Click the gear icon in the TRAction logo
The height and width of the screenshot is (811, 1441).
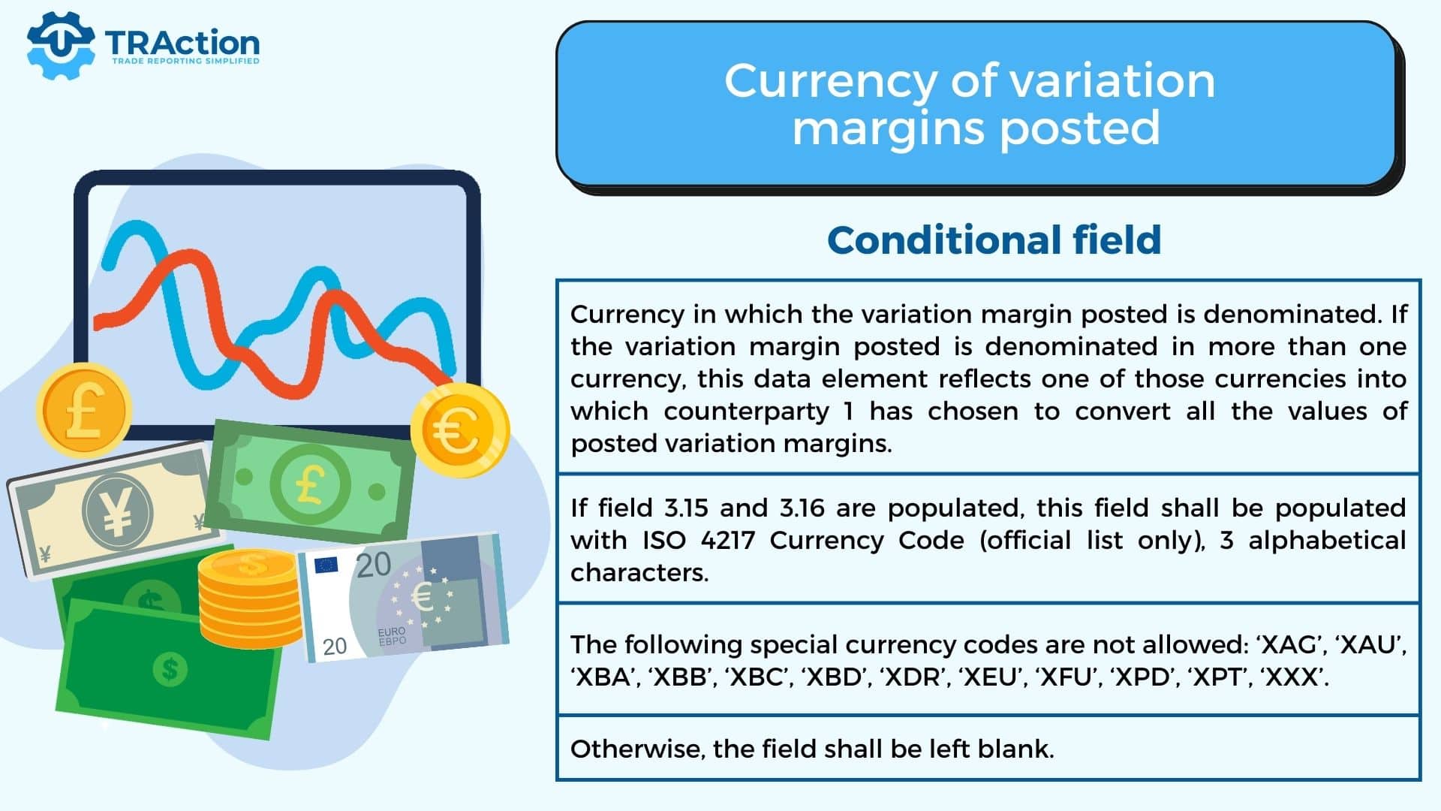(61, 45)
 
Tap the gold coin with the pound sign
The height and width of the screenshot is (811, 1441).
(84, 410)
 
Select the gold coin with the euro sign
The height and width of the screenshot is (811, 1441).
(460, 431)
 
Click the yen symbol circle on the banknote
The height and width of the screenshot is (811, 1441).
(117, 513)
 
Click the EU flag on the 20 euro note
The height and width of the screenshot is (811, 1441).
(326, 565)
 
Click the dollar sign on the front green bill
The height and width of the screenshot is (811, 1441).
(170, 668)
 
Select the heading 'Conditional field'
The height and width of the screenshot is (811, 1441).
(994, 240)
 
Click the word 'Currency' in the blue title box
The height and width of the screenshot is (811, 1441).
(832, 81)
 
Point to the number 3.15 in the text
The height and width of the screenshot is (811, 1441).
(686, 508)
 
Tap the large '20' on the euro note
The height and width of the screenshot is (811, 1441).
(373, 565)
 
